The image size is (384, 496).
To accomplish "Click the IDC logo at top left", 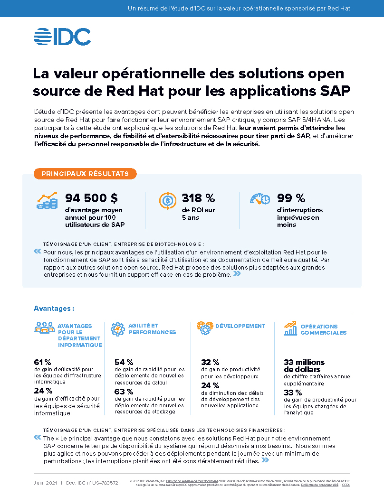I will click(x=62, y=37).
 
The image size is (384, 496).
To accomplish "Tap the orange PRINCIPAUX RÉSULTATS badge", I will click(x=85, y=174).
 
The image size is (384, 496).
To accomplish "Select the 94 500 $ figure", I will click(x=92, y=198).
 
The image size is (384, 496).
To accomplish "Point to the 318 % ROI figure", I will click(x=198, y=198).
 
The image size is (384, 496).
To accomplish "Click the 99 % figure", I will click(x=291, y=198).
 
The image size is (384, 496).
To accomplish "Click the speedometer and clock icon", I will click(x=260, y=198).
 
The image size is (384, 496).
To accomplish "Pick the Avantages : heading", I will click(x=54, y=309).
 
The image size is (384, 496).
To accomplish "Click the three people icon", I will click(x=44, y=328).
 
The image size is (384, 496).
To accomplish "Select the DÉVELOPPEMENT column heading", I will click(x=240, y=326).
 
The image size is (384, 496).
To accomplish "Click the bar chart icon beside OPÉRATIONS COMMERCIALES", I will click(x=290, y=328).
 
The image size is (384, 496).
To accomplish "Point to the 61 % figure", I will click(x=42, y=362).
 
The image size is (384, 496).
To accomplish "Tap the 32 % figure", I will click(x=210, y=362).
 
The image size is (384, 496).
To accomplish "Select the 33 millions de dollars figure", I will click(x=304, y=365).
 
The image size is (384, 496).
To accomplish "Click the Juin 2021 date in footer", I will click(x=45, y=483).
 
